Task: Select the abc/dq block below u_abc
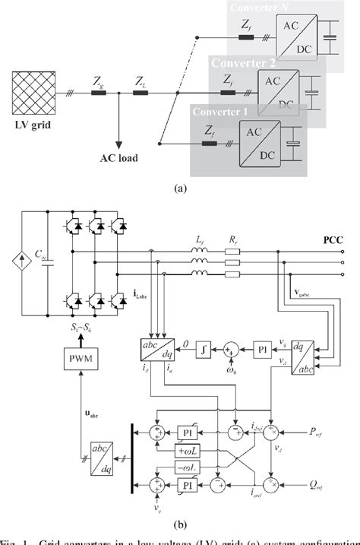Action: [103, 458]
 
